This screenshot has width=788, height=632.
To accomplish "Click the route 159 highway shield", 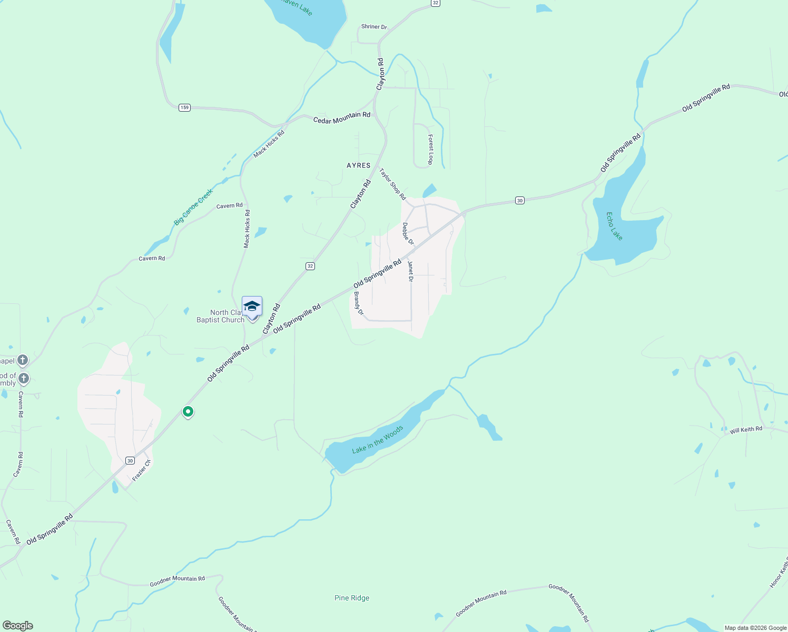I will point(184,107).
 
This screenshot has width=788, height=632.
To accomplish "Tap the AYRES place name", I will point(359,165).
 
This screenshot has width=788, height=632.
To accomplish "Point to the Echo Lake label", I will point(614,226).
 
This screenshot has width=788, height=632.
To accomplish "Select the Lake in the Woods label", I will point(377,439).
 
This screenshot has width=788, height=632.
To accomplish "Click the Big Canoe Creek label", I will point(193,207).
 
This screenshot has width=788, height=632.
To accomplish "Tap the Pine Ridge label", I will point(352,598).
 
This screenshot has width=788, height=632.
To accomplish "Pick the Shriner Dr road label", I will point(374,27).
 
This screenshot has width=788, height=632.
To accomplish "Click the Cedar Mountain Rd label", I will point(342,118).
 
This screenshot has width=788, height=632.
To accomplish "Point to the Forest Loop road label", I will point(430,150).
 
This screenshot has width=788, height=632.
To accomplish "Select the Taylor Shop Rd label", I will point(393,184).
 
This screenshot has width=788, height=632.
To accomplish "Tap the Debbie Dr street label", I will point(408,234).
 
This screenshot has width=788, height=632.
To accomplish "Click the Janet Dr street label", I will point(410,271).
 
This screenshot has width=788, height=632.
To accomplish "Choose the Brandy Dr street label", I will point(359,303).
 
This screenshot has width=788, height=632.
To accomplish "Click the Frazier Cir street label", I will point(142,470).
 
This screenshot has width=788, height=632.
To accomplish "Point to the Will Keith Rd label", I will point(746,430).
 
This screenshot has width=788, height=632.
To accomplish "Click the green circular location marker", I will point(188,411).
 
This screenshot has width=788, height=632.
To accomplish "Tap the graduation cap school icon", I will point(252,307).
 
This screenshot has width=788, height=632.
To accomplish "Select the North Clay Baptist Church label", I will point(220,316).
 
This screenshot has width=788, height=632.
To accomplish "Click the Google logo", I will point(18,625).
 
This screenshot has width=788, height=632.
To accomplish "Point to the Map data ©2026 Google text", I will point(755,628).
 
